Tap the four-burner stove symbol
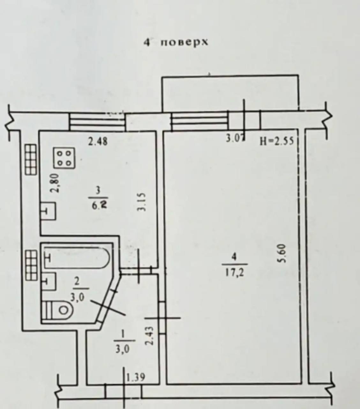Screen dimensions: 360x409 coord(64,158)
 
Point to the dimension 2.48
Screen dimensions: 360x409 coord(98,141)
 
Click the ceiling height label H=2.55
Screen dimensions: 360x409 coord(277,141)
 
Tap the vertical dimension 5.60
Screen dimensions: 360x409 coord(282,253)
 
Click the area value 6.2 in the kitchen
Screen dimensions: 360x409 coord(98,205)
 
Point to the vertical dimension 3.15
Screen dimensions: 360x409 coord(141,202)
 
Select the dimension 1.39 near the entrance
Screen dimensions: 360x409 coord(135,377)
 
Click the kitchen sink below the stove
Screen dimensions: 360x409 coord(49,211)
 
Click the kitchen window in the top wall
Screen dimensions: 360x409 coord(97,122)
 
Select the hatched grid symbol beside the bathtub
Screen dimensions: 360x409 coord(32,265)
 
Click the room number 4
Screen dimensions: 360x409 coord(234,257)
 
